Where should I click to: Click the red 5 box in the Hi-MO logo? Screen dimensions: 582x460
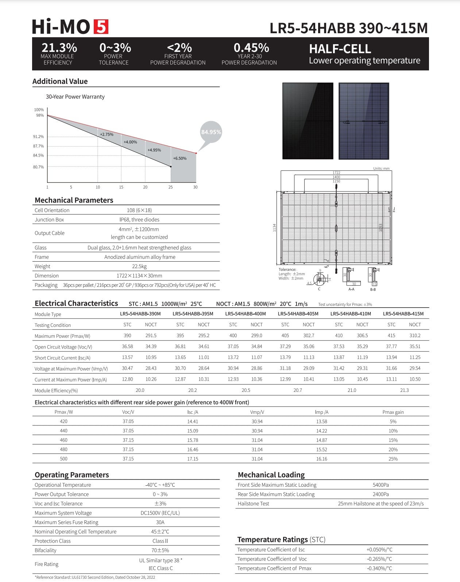[101, 27]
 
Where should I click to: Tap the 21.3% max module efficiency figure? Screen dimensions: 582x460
[59, 48]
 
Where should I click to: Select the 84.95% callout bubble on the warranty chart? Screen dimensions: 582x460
[211, 132]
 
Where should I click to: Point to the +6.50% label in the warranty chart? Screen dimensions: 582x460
[179, 158]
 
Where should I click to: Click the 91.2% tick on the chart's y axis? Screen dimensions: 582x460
[38, 137]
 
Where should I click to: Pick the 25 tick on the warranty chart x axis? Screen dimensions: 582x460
[170, 187]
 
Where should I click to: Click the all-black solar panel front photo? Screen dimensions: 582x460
[308, 121]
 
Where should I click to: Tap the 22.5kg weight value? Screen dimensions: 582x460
[139, 266]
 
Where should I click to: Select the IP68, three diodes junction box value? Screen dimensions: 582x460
[139, 220]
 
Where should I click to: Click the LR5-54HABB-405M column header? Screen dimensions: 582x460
[298, 314]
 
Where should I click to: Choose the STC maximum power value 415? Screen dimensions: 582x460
[391, 335]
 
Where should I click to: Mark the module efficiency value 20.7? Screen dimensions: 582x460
[298, 390]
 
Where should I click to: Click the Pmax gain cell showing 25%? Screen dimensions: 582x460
[393, 459]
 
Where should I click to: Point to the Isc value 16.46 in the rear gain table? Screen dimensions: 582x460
[193, 450]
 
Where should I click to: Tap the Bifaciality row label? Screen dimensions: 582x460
[46, 550]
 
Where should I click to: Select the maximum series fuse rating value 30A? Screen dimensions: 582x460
[160, 522]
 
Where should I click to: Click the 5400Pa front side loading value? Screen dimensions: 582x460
[380, 485]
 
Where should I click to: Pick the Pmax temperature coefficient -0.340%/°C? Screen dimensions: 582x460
[379, 568]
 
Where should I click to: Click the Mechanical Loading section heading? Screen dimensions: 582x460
[271, 475]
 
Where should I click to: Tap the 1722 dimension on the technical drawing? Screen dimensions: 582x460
[336, 173]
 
